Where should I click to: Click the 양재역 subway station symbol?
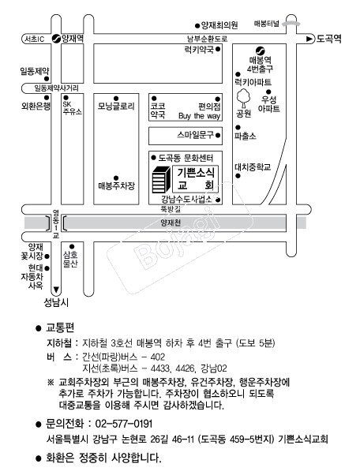tap(56, 39)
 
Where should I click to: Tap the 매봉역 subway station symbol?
tap(260, 50)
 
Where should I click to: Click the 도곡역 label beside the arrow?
tap(328, 39)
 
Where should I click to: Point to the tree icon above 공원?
tap(243, 98)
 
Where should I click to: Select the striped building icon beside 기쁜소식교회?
tap(161, 179)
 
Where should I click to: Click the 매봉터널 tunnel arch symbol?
tap(291, 24)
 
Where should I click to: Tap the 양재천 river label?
tap(171, 223)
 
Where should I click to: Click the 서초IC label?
tap(35, 39)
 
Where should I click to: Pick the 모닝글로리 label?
tap(116, 107)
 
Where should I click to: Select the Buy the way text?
tap(200, 116)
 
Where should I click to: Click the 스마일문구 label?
tap(196, 135)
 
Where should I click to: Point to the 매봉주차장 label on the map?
tap(116, 185)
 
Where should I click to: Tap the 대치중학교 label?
tap(253, 167)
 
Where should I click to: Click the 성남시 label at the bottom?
tap(56, 302)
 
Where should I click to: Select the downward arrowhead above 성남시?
tap(56, 290)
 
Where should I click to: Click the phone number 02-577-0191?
tap(124, 424)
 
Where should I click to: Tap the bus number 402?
tap(158, 357)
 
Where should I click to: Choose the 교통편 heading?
tap(60, 327)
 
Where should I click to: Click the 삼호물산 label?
tap(70, 260)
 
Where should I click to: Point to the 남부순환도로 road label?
tap(208, 39)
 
